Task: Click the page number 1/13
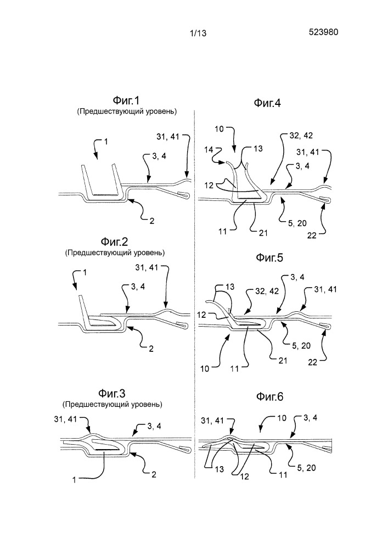click(198, 33)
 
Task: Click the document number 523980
click(323, 32)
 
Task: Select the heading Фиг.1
click(126, 101)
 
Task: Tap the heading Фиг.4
click(267, 103)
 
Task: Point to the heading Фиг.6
click(269, 397)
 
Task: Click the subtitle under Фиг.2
click(114, 253)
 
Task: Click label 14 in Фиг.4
click(209, 149)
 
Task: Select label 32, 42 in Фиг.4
click(301, 136)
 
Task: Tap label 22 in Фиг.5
click(312, 362)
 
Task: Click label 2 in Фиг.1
click(152, 221)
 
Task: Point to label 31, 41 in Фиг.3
click(65, 419)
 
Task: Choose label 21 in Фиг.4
click(263, 232)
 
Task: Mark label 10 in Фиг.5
click(205, 369)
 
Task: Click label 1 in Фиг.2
click(85, 272)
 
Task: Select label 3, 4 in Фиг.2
click(138, 287)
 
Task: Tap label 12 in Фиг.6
click(245, 476)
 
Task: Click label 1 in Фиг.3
click(74, 480)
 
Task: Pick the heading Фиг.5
click(269, 257)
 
